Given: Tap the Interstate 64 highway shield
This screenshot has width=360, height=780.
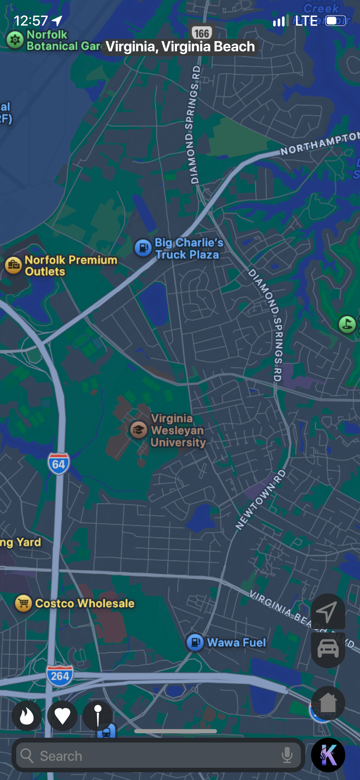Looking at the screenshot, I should tap(59, 464).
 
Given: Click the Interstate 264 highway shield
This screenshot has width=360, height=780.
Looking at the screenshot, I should tap(60, 676).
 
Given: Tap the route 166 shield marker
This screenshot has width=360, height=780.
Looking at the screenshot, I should tap(202, 33).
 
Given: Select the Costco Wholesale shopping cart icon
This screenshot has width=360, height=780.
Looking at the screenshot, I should tap(23, 603).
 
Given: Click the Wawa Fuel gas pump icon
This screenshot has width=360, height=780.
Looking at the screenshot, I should tap(195, 642).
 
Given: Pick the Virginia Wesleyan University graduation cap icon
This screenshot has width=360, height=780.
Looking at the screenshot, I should tap(139, 430).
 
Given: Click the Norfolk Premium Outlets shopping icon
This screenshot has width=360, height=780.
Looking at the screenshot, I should tap(13, 265).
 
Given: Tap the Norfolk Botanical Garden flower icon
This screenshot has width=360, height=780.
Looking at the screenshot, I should tap(15, 40).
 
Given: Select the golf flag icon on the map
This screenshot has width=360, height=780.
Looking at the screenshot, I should tap(347, 324).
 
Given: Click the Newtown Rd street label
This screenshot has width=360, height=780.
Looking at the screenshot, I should tap(260, 500).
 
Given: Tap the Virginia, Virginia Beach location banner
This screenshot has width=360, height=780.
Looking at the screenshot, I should tap(180, 47).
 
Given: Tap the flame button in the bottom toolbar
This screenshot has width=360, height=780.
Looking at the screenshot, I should tap(27, 715).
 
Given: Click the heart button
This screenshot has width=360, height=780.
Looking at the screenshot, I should tap(62, 715).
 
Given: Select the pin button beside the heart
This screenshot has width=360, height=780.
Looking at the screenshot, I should tap(98, 715).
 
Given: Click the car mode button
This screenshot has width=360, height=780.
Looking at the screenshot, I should tap(328, 649).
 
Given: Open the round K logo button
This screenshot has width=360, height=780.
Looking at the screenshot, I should tap(328, 755).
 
